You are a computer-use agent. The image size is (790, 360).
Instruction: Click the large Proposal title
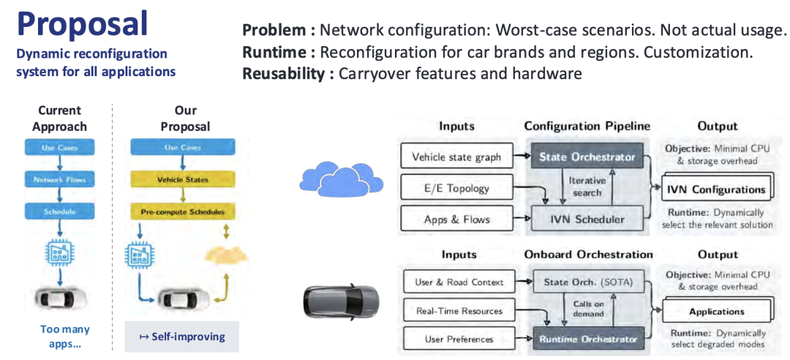82,23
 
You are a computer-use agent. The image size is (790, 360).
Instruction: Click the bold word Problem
276,30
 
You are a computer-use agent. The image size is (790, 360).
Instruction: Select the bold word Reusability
284,73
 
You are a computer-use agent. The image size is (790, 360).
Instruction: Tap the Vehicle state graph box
457,157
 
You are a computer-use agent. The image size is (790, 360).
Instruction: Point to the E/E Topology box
457,188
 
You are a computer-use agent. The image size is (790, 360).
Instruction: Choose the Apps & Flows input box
457,219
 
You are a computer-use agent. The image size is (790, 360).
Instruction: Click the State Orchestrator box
587,157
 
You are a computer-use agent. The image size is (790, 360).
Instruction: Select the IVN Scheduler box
587,219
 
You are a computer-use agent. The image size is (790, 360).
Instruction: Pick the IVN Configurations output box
715,189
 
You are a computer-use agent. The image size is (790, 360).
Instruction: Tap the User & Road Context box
458,282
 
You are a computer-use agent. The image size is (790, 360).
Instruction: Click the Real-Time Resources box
458,310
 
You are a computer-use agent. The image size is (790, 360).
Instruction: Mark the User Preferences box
458,339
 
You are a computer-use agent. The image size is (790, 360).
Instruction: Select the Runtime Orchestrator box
587,339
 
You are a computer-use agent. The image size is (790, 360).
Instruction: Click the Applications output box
715,311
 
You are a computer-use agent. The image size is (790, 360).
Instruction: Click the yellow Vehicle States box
182,179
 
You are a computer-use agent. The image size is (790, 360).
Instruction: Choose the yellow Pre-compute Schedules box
182,212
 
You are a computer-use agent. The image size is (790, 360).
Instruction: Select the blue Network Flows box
59,179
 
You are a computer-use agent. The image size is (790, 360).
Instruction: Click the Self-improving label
182,337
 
